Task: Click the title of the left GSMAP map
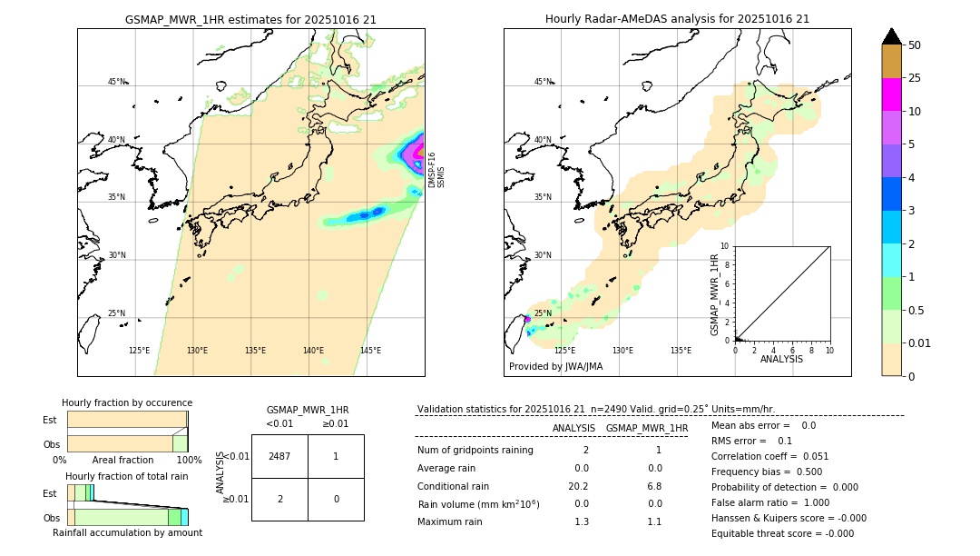[x=250, y=19]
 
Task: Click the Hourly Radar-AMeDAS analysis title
[x=677, y=19]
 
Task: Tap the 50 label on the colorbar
[x=915, y=45]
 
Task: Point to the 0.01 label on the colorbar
[x=920, y=343]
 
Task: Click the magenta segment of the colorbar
[x=891, y=94]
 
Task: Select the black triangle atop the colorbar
[x=891, y=36]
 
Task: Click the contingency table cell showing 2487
[x=279, y=456]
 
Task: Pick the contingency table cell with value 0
[x=335, y=499]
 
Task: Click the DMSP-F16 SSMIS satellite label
[x=436, y=170]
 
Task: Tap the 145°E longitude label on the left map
[x=370, y=351]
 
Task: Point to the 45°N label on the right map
[x=543, y=82]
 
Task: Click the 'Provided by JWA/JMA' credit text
[x=555, y=367]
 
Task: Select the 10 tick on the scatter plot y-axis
[x=725, y=246]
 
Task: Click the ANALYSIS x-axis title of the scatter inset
[x=781, y=360]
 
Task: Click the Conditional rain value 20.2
[x=581, y=486]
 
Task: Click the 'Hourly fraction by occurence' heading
[x=127, y=402]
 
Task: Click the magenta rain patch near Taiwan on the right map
[x=527, y=319]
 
